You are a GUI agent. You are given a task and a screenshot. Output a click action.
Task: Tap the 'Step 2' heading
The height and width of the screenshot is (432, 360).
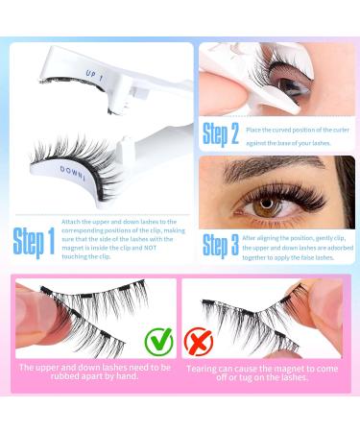[220, 132]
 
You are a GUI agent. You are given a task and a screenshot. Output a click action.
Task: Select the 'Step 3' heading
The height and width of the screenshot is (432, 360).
[220, 245]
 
